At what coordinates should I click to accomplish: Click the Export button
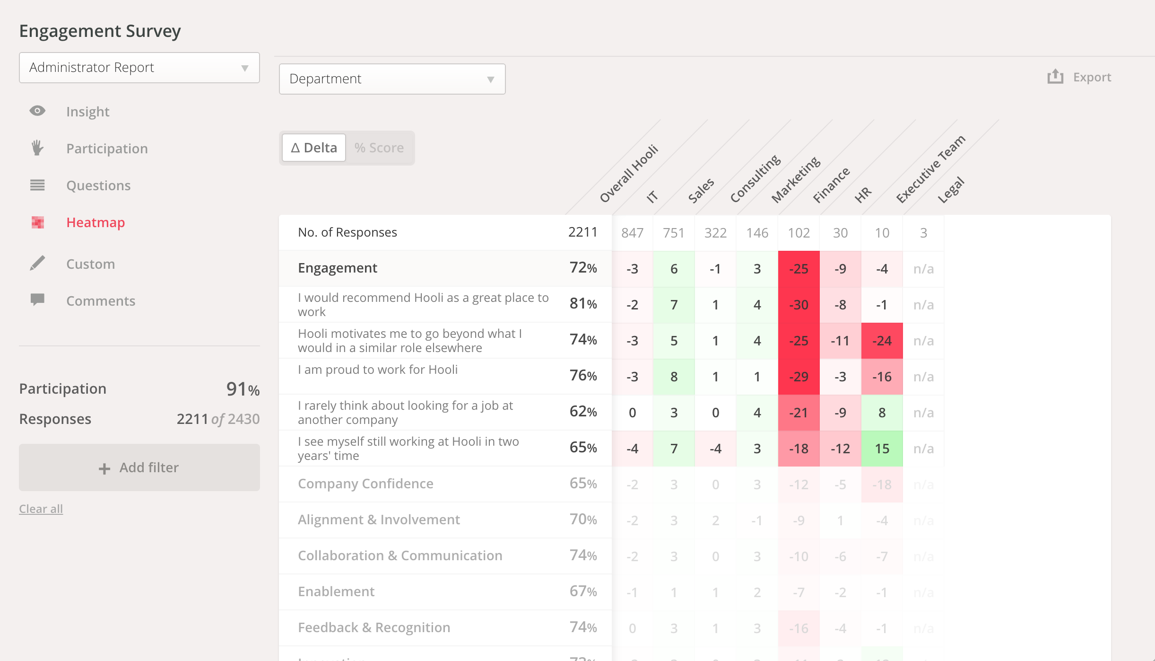[1080, 77]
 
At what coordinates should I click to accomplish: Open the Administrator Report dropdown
[139, 68]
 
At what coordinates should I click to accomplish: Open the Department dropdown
[392, 79]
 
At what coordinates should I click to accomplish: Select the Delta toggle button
[314, 148]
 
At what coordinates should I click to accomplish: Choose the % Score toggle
[379, 148]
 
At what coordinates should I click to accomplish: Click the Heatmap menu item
[96, 222]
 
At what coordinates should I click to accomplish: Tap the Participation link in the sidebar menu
[107, 149]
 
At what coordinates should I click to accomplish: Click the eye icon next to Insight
[37, 111]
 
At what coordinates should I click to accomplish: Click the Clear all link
[41, 509]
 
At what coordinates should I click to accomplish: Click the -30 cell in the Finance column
[799, 305]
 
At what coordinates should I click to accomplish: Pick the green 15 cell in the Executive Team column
[882, 449]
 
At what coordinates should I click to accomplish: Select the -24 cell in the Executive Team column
[882, 341]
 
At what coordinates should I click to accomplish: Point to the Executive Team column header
[930, 169]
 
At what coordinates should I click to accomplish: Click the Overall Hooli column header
[628, 174]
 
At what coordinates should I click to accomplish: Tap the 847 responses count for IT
[632, 233]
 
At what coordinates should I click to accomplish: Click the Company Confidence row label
[365, 484]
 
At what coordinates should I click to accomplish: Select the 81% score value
[583, 304]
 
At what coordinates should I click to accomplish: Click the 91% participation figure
[243, 389]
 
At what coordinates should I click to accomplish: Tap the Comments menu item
[101, 301]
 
